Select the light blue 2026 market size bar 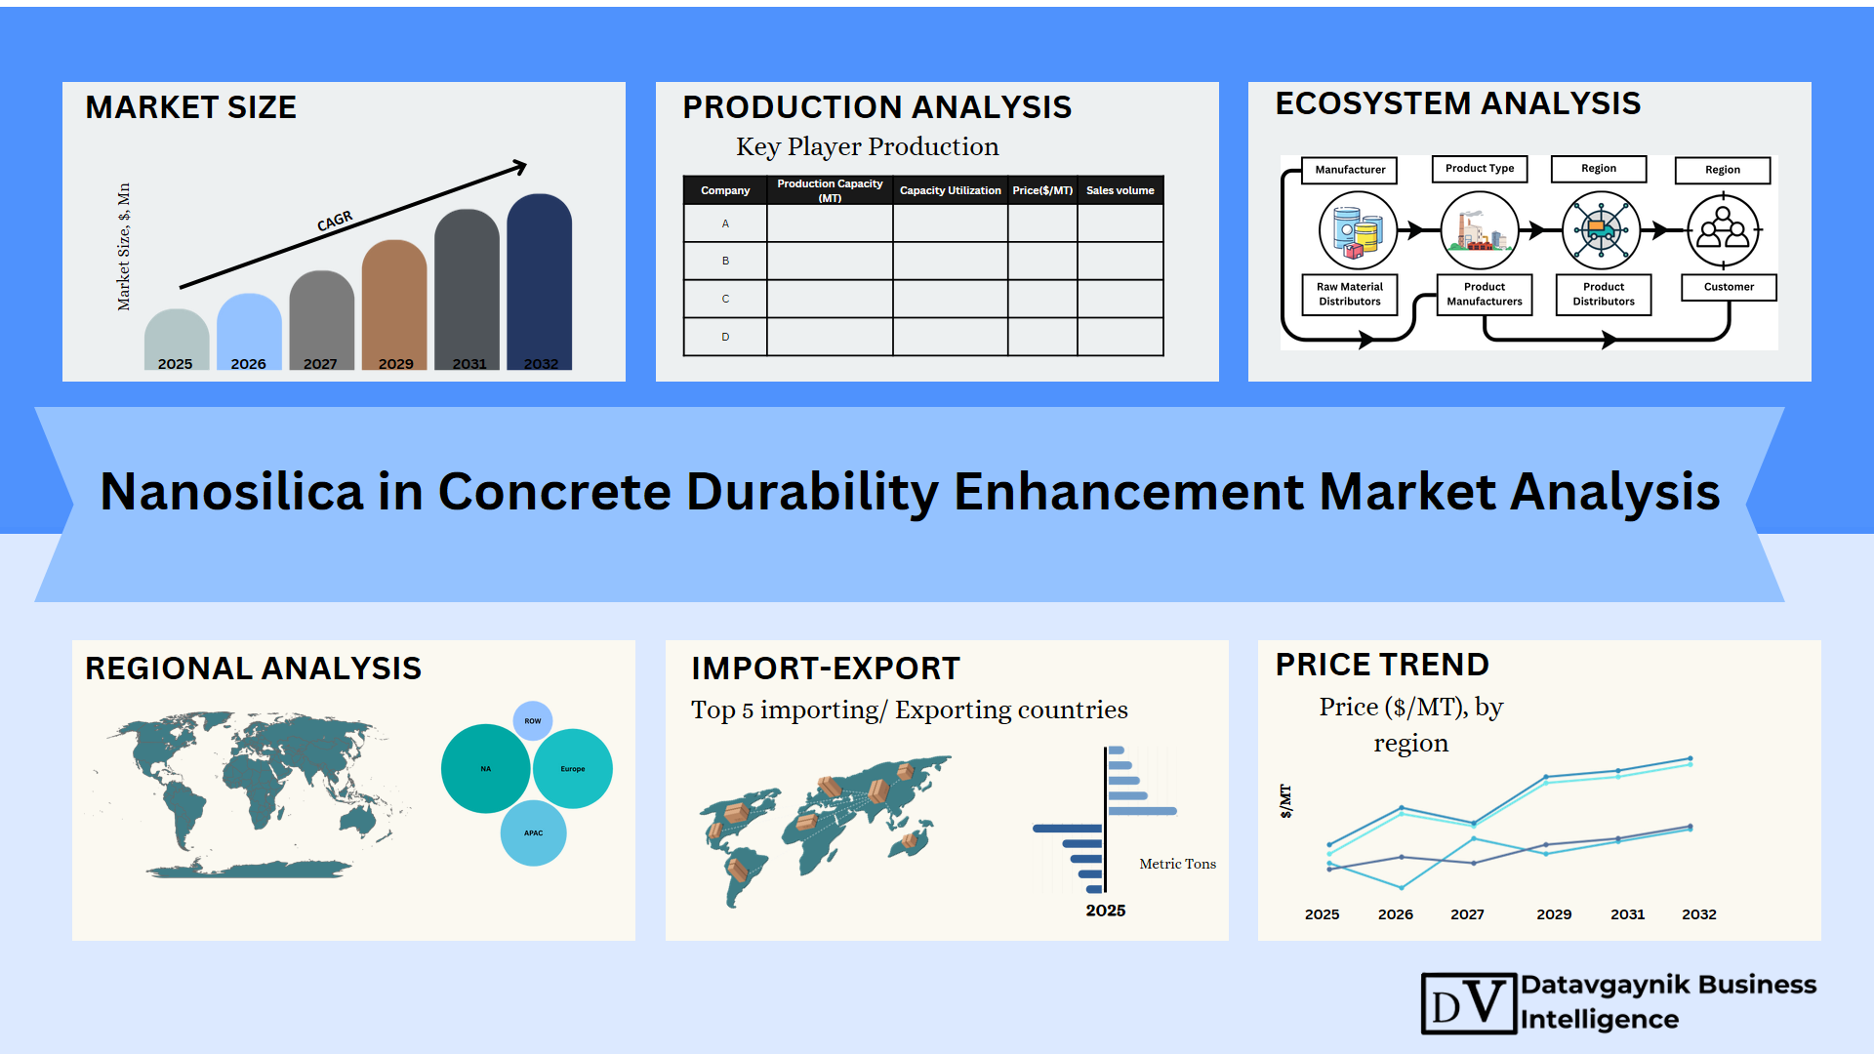tap(249, 331)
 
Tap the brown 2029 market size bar tap(394, 304)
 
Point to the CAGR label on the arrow tap(335, 222)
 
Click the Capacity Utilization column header tap(950, 190)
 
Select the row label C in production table tap(725, 299)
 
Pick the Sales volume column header tap(1120, 190)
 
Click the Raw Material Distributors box tap(1350, 294)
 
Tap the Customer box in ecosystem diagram tap(1729, 287)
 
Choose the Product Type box tap(1480, 169)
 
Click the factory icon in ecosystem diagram tap(1480, 230)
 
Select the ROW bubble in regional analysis tap(533, 721)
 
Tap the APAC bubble tap(533, 833)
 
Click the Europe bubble tap(573, 769)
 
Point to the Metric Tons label tap(1177, 864)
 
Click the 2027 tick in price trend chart tap(1467, 914)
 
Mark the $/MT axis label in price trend tap(1285, 801)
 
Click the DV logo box tap(1469, 1003)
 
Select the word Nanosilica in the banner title tap(232, 491)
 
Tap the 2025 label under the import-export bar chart tap(1106, 911)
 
